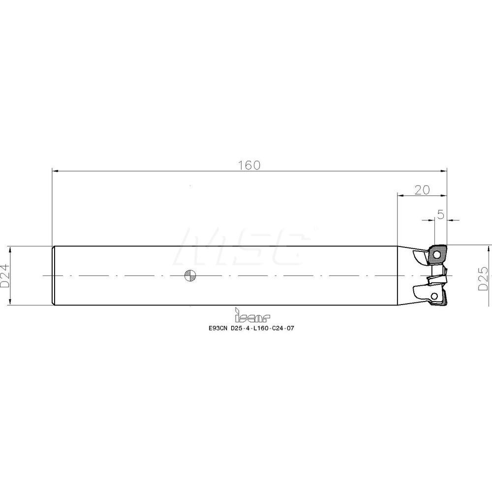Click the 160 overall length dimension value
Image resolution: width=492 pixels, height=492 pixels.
(x=249, y=165)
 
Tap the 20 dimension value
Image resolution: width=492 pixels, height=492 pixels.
(x=422, y=190)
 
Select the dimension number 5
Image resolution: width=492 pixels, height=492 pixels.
(x=441, y=215)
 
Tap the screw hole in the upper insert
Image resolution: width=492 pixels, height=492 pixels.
(x=436, y=254)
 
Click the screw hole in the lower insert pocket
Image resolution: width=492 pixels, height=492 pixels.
(x=435, y=295)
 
